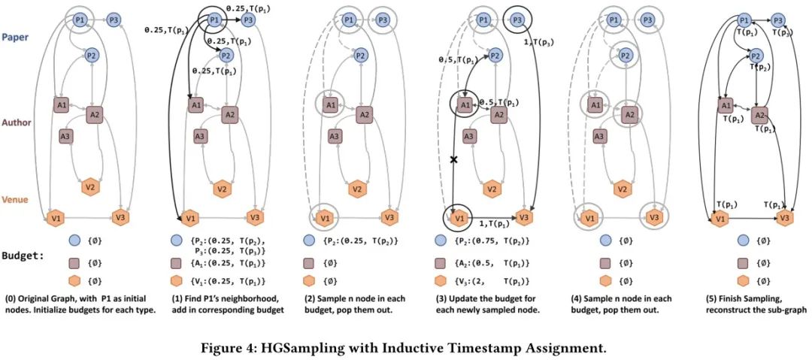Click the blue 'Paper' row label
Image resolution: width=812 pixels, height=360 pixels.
(x=16, y=35)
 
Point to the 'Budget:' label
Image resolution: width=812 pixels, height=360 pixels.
(x=23, y=256)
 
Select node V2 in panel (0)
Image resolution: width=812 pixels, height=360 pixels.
(x=89, y=186)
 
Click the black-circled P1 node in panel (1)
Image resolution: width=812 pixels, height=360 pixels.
(x=214, y=20)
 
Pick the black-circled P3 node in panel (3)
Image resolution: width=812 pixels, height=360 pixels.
(x=516, y=20)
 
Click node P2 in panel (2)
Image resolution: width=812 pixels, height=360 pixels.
(x=360, y=55)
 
